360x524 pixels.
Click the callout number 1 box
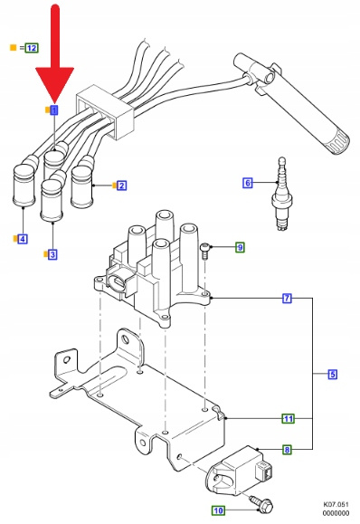pos(53,110)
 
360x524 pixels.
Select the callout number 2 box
pos(121,186)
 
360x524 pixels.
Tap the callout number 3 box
pos(52,254)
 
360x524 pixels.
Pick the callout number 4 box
pos(23,239)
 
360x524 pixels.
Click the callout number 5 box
pos(332,374)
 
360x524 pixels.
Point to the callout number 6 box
pos(248,183)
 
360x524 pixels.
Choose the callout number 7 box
pos(287,298)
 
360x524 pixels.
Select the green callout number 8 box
pos(287,450)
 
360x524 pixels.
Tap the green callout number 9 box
pos(240,247)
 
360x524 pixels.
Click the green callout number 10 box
pos(218,510)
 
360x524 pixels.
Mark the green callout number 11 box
pos(289,418)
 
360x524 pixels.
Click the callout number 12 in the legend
pos(32,48)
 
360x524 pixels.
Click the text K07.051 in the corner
pos(336,504)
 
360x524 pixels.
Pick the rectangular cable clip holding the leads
pos(105,111)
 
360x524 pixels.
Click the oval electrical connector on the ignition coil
pos(118,282)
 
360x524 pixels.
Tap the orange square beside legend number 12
pos(13,48)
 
